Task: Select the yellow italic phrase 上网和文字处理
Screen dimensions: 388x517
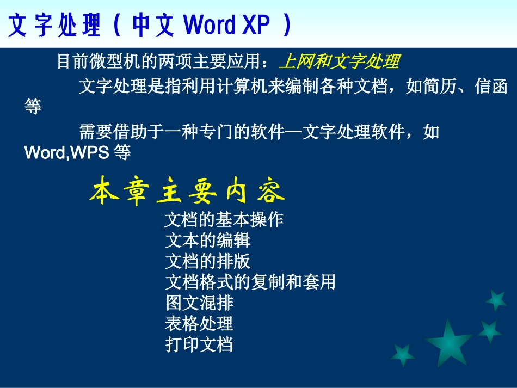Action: point(339,62)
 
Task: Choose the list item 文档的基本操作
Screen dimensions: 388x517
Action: point(224,220)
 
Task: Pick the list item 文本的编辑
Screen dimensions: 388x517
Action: point(207,241)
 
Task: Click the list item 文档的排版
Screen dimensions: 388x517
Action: point(207,261)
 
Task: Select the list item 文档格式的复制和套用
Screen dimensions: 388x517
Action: point(250,282)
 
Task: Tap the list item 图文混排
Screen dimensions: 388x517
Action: point(199,303)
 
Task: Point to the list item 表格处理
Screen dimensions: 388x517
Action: point(199,324)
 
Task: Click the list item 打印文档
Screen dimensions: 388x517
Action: point(199,344)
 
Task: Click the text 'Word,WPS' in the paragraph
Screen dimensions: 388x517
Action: point(66,153)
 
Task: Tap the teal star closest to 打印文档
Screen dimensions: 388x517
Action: point(403,355)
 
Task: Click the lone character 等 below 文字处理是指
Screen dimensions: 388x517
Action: point(33,107)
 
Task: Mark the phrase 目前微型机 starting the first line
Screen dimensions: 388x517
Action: point(91,62)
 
